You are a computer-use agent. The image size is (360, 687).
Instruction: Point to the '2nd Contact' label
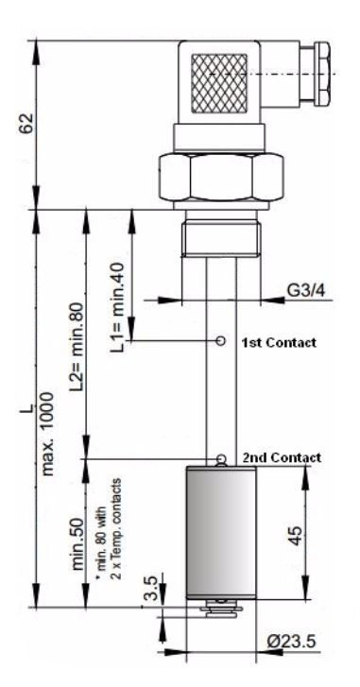282,457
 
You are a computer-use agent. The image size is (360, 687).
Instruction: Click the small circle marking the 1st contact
221,340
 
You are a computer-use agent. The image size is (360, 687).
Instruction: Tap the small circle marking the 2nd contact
221,460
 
